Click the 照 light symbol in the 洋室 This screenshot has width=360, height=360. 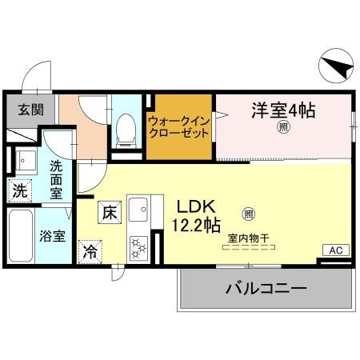point(283,127)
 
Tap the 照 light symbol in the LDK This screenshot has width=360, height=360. point(248,214)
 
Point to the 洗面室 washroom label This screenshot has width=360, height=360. point(56,179)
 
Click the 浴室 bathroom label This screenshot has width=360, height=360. point(54,236)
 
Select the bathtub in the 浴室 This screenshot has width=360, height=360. point(21,237)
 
